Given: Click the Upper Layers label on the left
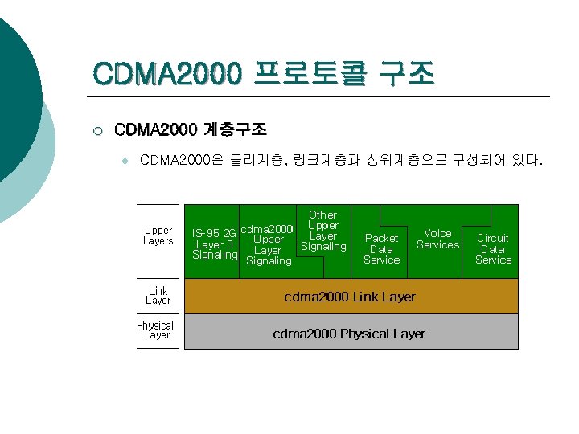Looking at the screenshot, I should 158,235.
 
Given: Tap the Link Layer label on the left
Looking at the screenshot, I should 158,295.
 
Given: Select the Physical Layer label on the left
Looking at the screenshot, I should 155,330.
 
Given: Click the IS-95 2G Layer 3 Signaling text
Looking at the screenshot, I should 215,244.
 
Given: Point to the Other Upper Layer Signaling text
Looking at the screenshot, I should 323,231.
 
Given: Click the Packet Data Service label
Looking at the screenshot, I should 381,249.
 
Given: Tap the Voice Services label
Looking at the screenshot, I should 437,239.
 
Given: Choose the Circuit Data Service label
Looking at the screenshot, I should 493,249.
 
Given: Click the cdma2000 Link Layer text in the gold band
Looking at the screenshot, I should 350,297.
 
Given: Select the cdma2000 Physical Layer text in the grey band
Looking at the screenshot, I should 349,334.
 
